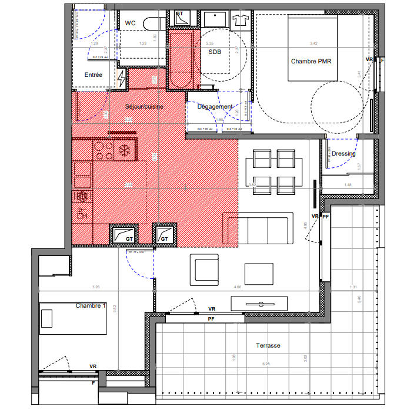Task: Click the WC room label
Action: [131, 23]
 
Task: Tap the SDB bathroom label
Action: [215, 52]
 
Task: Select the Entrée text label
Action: [94, 75]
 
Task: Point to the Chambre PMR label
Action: [311, 61]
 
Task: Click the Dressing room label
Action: [343, 154]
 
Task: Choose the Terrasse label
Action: [269, 346]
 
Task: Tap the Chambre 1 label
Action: [91, 305]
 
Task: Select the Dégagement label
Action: [215, 106]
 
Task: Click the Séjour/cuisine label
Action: [144, 107]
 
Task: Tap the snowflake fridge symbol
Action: [125, 150]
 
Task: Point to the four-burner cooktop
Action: [104, 150]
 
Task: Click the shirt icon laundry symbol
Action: [241, 19]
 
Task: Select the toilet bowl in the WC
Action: [155, 23]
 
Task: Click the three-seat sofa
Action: [259, 230]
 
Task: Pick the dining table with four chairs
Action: [273, 170]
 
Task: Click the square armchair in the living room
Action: [206, 269]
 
